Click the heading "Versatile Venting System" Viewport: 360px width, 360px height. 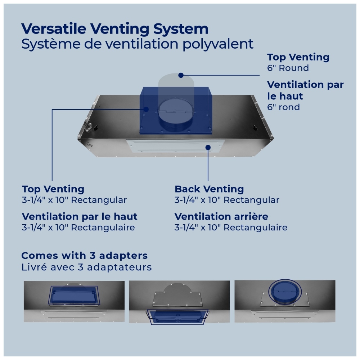click(x=115, y=29)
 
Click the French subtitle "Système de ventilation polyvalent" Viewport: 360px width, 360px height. click(x=137, y=44)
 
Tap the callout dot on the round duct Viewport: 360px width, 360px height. click(x=181, y=75)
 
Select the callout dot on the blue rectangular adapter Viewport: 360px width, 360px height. click(x=146, y=109)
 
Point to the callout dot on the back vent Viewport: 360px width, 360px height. click(x=208, y=147)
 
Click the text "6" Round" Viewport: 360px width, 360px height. click(x=288, y=68)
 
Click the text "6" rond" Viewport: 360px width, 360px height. click(x=283, y=107)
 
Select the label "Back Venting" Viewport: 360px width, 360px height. click(x=209, y=189)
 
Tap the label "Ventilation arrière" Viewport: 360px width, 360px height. click(x=221, y=216)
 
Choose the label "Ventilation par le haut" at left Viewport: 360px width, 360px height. click(x=80, y=216)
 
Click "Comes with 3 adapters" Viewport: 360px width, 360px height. click(x=84, y=256)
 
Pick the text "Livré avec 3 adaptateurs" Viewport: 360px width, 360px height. click(x=86, y=267)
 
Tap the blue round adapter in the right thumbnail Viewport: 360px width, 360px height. click(x=285, y=292)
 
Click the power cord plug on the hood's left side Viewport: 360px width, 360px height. click(x=88, y=127)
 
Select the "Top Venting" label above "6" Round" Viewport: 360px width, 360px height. click(x=298, y=57)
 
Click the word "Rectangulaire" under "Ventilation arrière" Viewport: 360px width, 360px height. click(x=255, y=228)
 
